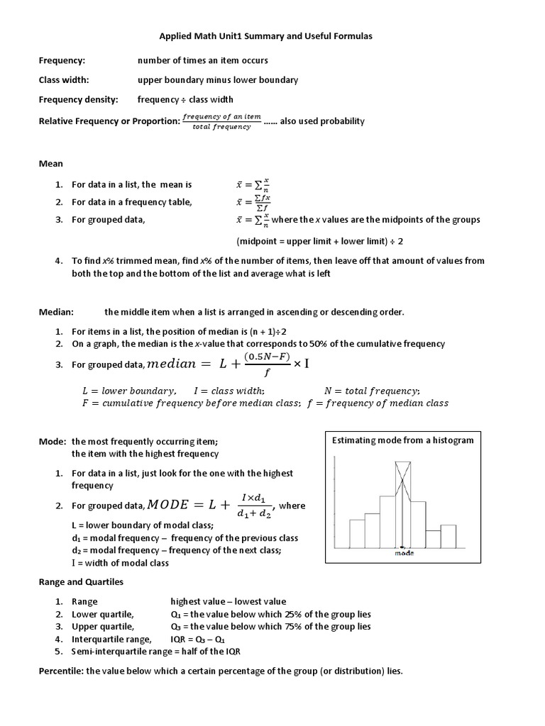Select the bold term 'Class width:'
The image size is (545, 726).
coord(64,80)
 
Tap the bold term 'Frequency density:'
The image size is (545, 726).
coord(78,99)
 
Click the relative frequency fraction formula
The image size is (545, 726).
coord(221,121)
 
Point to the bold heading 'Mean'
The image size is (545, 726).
coord(50,164)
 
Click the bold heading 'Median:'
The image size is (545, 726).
coord(56,312)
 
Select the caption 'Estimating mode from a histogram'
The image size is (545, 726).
coord(403,440)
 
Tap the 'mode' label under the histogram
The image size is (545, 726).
coord(404,554)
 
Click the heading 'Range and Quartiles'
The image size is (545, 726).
coord(81,582)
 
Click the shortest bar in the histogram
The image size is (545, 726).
coord(433,538)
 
